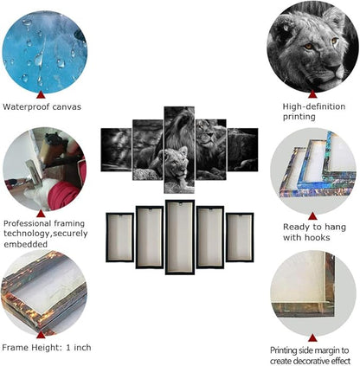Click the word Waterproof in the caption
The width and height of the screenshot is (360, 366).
coord(26,107)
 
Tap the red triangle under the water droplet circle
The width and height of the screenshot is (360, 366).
coord(41,94)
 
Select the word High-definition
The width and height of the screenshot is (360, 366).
coord(314,106)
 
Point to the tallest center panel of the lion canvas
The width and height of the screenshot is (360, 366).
coord(179,150)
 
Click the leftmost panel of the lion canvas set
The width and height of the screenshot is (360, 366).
coord(116,150)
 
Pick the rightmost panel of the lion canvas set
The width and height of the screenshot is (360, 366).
coord(242,150)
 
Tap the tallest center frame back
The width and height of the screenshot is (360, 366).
coord(180,237)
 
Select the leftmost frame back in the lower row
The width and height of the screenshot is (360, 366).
coord(119,237)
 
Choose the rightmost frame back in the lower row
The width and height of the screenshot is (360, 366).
coord(240,237)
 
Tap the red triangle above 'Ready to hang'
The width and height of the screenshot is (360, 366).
coord(312,216)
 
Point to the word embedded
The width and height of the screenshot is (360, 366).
coord(25,244)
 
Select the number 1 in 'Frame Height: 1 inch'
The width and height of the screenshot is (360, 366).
coord(68,348)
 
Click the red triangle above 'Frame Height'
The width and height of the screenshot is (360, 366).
coord(41,335)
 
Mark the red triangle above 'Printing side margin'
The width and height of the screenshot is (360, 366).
coord(312,338)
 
